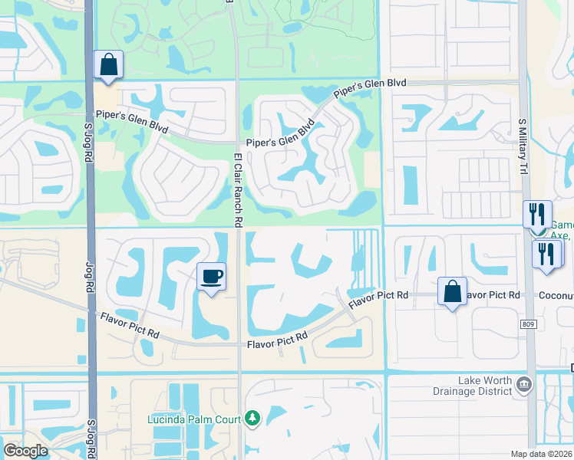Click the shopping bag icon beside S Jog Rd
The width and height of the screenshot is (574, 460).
click(x=108, y=64)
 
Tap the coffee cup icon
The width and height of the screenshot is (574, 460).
click(x=211, y=277)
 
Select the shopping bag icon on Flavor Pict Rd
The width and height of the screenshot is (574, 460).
click(x=452, y=292)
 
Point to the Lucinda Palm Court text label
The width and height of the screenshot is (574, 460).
click(x=196, y=419)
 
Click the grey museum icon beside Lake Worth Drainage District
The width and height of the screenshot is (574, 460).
click(x=524, y=383)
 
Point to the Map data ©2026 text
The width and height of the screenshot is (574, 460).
click(x=542, y=454)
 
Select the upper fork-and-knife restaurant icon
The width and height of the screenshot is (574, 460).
click(x=537, y=214)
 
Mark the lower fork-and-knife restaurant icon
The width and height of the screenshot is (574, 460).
click(x=546, y=255)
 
